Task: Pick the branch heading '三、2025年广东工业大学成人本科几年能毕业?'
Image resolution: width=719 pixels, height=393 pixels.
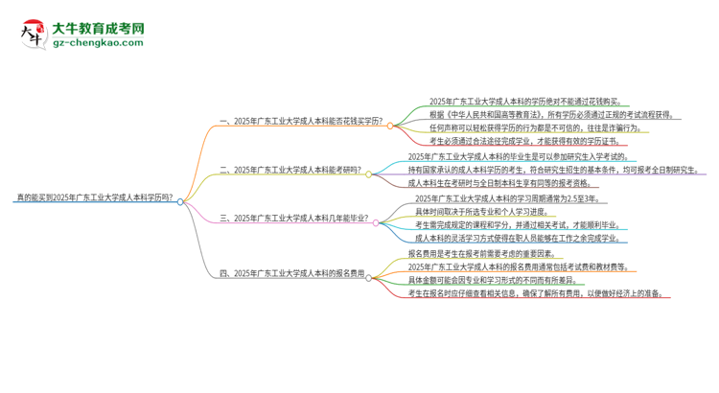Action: (x=294, y=218)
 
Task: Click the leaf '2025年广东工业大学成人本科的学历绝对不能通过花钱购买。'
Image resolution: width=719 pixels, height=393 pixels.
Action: (x=517, y=101)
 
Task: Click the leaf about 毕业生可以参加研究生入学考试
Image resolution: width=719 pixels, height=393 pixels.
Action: (x=518, y=156)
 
